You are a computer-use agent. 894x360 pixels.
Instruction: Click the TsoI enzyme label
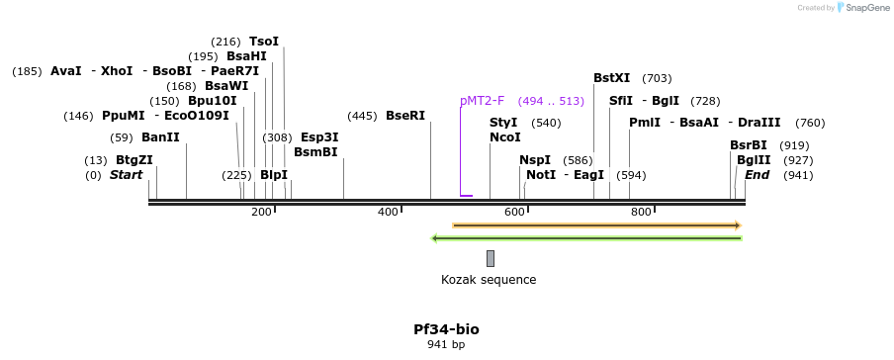tap(264, 42)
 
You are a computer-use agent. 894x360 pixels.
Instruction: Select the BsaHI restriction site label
tap(246, 56)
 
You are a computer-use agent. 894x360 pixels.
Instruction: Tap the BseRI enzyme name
tap(405, 116)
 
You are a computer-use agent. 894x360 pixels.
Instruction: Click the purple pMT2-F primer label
tap(482, 101)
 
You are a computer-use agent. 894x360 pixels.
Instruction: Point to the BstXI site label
tap(611, 78)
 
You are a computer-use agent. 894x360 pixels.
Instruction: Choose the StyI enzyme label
tap(503, 123)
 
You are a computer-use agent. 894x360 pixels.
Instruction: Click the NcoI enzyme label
tap(504, 137)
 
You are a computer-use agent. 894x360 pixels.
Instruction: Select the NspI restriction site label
tap(535, 160)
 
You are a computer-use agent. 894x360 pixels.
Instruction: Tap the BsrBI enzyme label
tap(749, 145)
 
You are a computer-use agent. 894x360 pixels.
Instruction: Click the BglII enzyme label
tap(754, 160)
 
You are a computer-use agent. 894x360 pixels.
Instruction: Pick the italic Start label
tap(126, 175)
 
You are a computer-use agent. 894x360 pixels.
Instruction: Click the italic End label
tap(757, 175)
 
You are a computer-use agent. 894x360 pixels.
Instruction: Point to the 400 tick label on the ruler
tap(388, 213)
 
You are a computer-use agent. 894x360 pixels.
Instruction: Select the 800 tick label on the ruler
tap(641, 213)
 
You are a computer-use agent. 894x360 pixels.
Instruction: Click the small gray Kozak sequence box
tap(491, 258)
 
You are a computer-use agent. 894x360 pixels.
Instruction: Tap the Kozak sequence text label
tap(489, 280)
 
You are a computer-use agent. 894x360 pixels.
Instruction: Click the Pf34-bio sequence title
tap(446, 329)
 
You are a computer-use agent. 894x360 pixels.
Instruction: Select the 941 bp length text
tap(446, 345)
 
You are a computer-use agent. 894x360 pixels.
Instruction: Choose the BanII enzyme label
tap(160, 137)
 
